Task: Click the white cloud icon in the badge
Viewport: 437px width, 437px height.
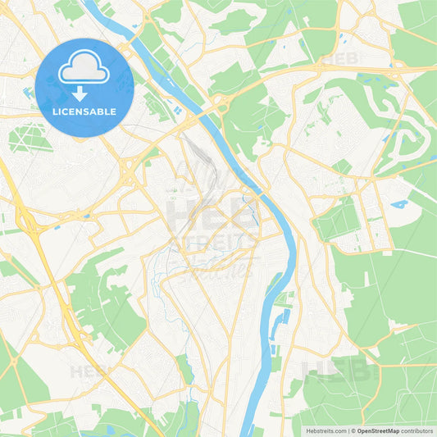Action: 84,69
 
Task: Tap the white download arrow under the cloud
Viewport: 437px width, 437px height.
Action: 84,93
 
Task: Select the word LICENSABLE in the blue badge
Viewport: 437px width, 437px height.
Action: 84,112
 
